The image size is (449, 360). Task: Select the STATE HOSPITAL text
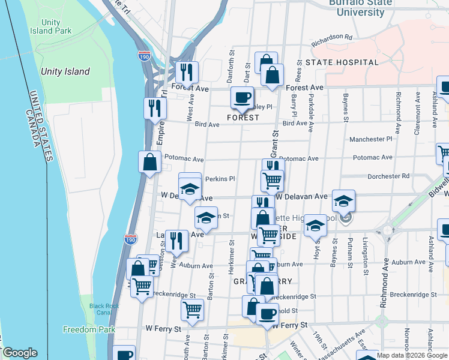click(x=342, y=62)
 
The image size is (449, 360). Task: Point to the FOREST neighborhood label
click(x=243, y=118)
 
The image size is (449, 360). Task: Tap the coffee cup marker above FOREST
click(x=242, y=97)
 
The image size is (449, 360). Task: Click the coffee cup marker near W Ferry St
click(x=267, y=313)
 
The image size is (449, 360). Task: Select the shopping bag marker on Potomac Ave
click(x=149, y=162)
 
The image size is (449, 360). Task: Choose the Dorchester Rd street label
click(x=389, y=176)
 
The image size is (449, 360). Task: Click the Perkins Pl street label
click(x=220, y=179)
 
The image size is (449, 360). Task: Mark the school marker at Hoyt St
click(x=314, y=226)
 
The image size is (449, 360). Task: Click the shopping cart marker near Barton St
click(x=192, y=310)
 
